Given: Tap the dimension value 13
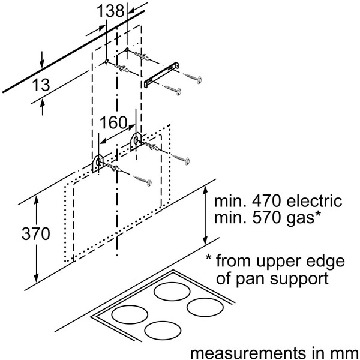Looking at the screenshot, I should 40,86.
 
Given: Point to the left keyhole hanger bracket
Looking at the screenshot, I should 98,162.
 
